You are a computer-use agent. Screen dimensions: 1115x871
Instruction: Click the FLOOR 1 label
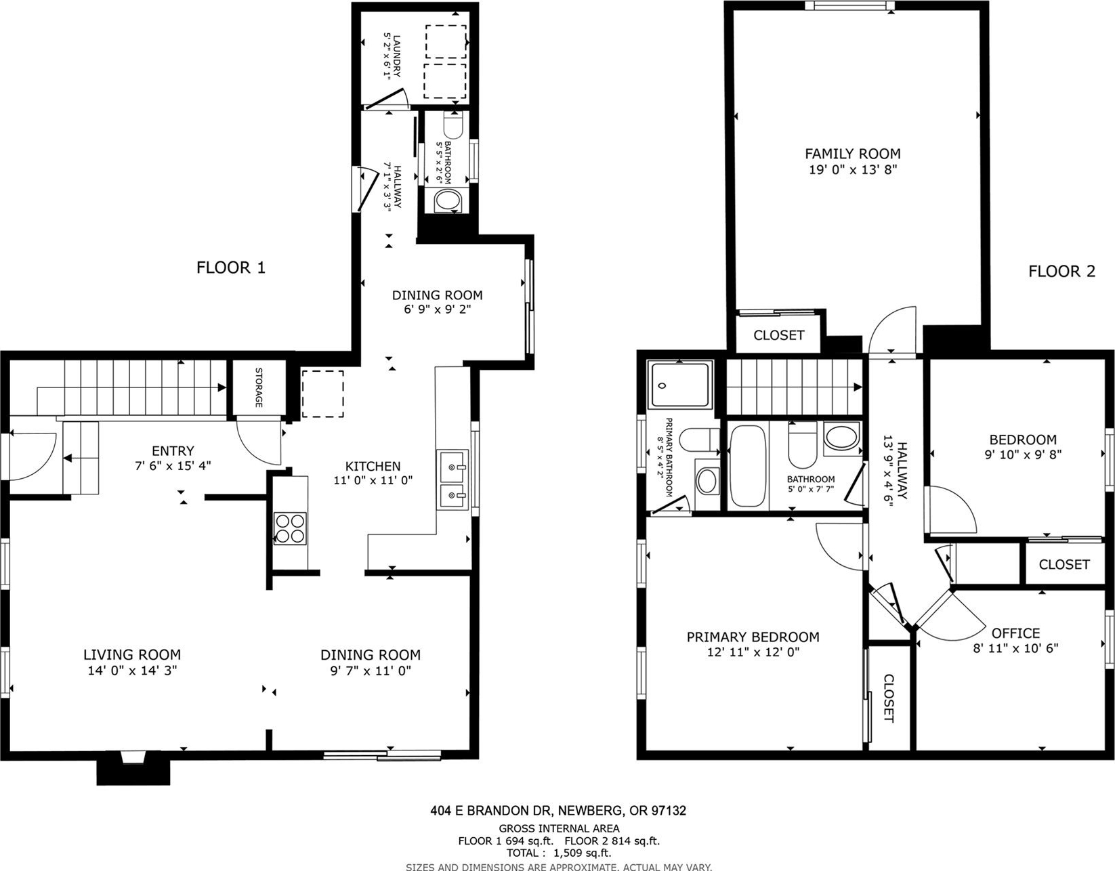tap(231, 268)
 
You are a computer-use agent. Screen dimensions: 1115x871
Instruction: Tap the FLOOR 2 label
tap(1061, 271)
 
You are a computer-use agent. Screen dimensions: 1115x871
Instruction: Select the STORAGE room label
tap(259, 387)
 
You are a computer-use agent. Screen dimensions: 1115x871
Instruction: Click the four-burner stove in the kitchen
tap(290, 528)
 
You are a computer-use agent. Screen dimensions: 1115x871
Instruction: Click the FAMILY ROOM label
tap(853, 153)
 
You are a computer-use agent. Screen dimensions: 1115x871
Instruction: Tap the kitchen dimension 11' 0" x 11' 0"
tap(373, 481)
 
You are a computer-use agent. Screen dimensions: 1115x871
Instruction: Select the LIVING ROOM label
tap(132, 654)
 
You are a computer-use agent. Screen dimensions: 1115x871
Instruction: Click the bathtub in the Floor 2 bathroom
tap(748, 466)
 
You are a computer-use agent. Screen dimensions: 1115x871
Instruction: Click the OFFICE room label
tap(1016, 633)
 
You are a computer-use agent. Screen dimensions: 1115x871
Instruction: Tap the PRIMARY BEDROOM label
tap(753, 637)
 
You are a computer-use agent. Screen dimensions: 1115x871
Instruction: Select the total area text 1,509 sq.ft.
tap(583, 853)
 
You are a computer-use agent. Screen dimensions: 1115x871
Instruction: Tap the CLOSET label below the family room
tap(778, 335)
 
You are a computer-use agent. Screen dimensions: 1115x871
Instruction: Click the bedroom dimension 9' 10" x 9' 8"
tap(1023, 454)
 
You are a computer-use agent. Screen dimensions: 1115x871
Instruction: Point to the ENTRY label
tap(173, 451)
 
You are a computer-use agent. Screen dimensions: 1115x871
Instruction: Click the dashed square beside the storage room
tap(322, 394)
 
